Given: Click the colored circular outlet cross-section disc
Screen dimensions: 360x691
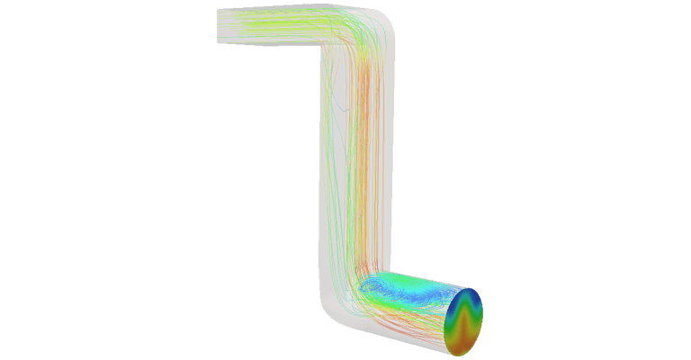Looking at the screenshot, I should click(x=464, y=320).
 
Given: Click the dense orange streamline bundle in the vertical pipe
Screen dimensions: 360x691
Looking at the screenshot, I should click(x=360, y=162).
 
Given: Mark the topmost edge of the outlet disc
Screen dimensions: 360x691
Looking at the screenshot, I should click(x=471, y=289).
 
